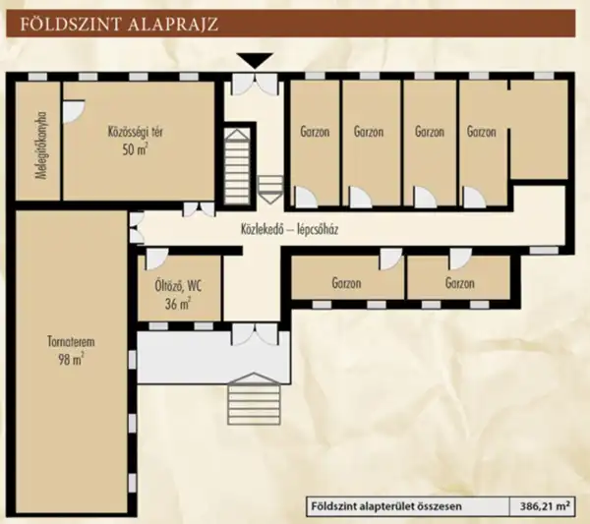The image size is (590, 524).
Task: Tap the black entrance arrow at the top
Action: click(x=254, y=61)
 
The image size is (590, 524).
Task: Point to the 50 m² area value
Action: click(x=135, y=148)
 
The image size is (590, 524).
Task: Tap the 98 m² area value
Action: click(x=70, y=360)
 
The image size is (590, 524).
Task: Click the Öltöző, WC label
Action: click(x=178, y=288)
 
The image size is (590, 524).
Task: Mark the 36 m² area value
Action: click(x=178, y=305)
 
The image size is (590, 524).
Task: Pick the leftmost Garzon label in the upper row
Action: click(x=314, y=131)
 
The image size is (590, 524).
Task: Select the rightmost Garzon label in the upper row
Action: click(x=482, y=131)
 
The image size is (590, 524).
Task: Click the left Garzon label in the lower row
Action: click(x=346, y=283)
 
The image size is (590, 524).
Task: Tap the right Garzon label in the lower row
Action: click(x=459, y=283)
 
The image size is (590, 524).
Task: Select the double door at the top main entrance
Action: click(x=254, y=84)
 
